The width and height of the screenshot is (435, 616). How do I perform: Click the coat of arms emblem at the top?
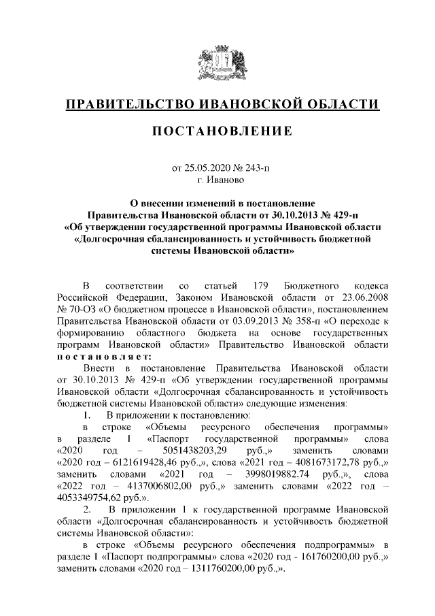pyautogui.click(x=217, y=64)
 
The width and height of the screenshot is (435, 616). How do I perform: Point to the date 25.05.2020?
pyautogui.click(x=206, y=168)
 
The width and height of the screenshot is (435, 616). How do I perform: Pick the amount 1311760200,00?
pyautogui.click(x=219, y=569)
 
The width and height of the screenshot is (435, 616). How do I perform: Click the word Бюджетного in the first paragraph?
pyautogui.click(x=308, y=285)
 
